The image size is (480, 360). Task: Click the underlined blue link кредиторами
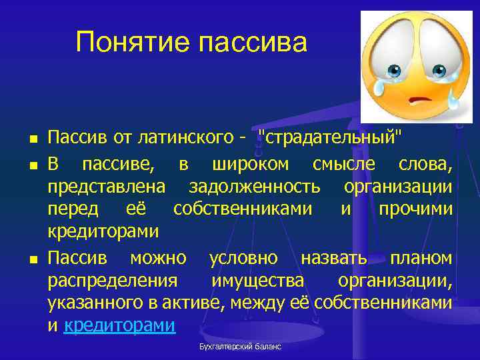coord(120,325)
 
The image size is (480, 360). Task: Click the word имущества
coord(257,280)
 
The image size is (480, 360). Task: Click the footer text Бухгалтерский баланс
coord(240,347)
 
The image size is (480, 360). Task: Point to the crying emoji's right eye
coord(439,70)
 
